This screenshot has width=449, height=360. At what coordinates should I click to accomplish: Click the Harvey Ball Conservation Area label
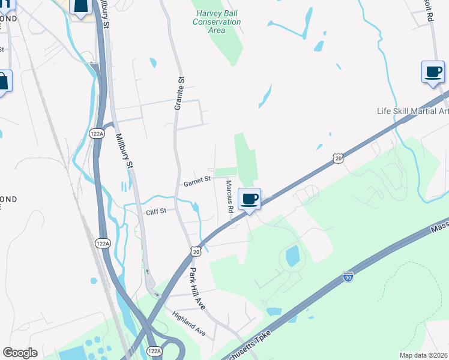217,22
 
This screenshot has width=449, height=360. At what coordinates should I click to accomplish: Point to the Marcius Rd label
229,197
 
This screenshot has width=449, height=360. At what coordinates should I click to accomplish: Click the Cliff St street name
155,211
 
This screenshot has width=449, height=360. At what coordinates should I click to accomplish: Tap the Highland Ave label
188,323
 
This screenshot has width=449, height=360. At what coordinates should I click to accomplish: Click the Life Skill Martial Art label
412,111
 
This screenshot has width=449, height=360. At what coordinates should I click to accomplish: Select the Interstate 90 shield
348,277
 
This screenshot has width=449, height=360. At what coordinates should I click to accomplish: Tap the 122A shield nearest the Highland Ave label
154,350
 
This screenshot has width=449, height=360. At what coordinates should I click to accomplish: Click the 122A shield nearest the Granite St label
96,134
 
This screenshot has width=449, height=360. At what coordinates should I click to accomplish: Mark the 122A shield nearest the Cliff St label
103,243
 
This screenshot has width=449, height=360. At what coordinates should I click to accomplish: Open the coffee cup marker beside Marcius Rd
250,198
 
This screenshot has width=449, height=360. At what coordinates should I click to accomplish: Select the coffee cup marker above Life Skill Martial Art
433,72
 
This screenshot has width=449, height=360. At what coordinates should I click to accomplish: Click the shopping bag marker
3,81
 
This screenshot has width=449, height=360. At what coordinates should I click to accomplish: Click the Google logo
20,353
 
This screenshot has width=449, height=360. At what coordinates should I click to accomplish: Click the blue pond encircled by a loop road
292,256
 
